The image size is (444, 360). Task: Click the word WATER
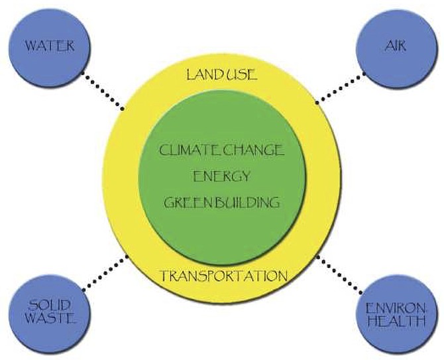point(50,46)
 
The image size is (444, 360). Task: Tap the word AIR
point(396,45)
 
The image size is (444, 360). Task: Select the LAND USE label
point(222,74)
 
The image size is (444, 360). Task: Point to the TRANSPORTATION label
point(224,275)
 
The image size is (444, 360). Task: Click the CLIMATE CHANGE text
point(221,150)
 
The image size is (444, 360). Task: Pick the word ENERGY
point(222,176)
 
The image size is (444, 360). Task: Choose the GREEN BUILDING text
point(222,202)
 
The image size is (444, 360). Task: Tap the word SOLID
point(49,306)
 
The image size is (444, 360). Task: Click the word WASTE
point(50,318)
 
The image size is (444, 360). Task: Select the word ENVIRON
point(396,308)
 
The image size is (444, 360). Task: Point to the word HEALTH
point(396,321)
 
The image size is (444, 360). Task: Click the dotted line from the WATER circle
point(103,91)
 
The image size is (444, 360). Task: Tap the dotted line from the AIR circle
point(340,88)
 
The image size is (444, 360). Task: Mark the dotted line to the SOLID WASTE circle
point(105,273)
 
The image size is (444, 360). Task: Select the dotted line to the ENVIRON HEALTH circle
point(340,274)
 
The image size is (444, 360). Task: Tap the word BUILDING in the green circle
point(245,202)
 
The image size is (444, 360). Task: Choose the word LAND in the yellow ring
point(202,74)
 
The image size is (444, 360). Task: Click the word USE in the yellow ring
point(239,74)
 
